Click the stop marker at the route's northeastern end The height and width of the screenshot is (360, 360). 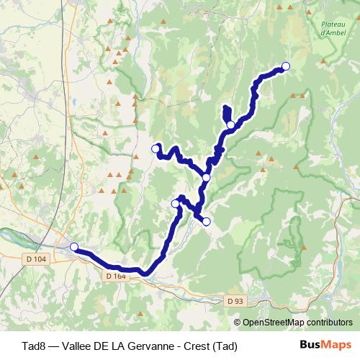click(x=285, y=66)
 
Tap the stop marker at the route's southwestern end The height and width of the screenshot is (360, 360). click(x=73, y=247)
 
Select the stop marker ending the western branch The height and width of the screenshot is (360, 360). click(x=155, y=148)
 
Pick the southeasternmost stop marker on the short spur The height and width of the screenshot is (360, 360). click(x=206, y=222)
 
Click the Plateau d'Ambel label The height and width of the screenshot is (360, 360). click(x=332, y=29)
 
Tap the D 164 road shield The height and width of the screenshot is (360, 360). click(x=115, y=276)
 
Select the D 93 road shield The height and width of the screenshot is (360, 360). click(x=231, y=300)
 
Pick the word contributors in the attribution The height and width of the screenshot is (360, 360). click(x=329, y=323)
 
